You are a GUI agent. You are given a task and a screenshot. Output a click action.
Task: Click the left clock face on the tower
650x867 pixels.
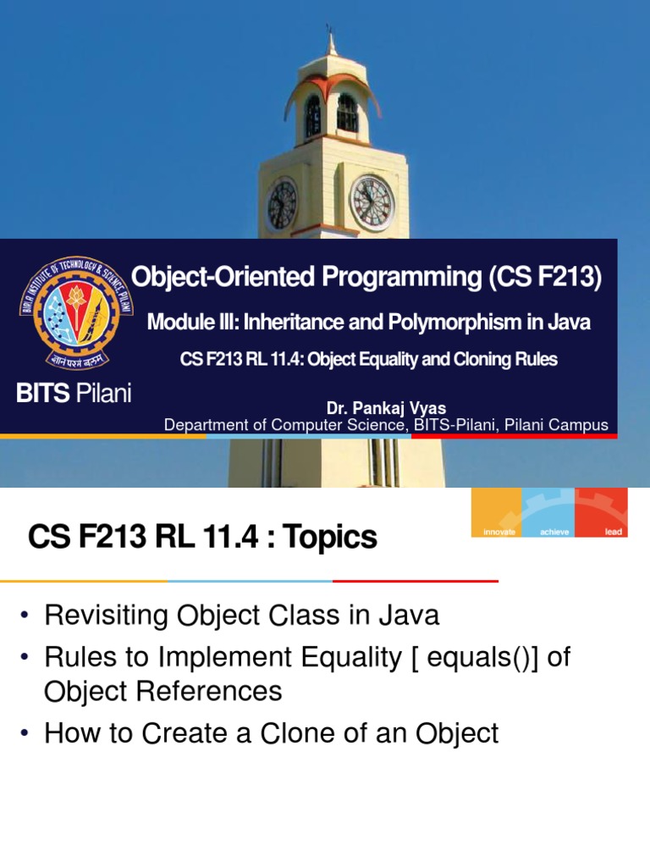coord(282,204)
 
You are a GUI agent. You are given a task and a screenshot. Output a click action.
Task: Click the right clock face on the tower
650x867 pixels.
coord(372,203)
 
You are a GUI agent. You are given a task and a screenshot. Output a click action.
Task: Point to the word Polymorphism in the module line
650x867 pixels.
coord(440,323)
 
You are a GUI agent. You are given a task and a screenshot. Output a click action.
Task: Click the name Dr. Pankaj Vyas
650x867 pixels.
coord(386,409)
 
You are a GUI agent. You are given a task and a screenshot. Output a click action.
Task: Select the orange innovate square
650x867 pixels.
coord(497,511)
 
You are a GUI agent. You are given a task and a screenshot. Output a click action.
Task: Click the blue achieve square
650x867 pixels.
coord(549,511)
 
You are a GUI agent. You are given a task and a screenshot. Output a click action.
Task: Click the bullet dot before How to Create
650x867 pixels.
coord(26,734)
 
